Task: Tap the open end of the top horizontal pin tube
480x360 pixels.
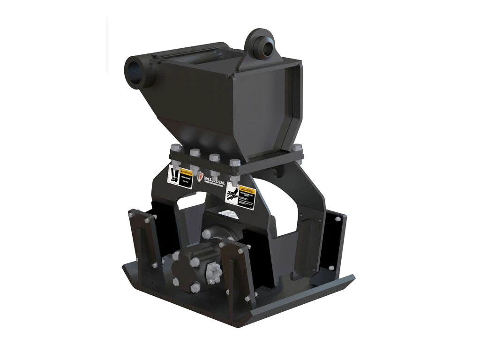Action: tap(133, 71)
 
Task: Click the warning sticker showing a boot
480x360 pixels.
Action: tap(180, 177)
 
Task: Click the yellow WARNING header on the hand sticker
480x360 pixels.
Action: tap(247, 191)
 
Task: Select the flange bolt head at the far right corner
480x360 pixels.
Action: tap(297, 147)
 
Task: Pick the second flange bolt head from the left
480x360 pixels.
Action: tap(195, 152)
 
